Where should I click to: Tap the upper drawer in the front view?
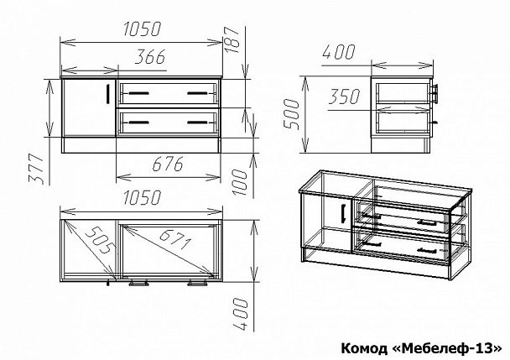coord(168,92)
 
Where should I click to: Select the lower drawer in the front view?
coord(168,122)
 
